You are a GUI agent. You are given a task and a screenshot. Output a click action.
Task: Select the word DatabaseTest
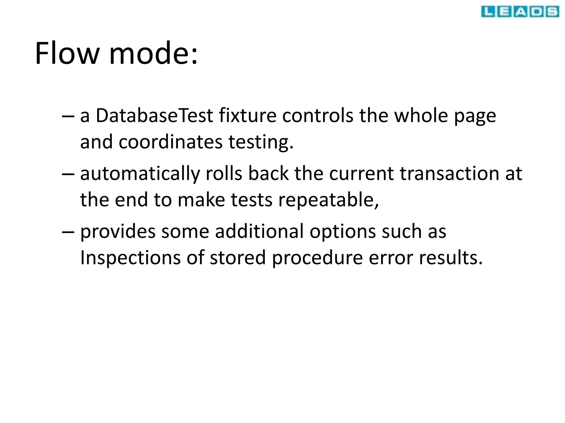154,115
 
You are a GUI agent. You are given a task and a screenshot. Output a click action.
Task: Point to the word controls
318,115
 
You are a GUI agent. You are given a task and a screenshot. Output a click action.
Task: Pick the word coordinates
170,142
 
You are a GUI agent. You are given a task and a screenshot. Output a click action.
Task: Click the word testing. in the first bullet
261,142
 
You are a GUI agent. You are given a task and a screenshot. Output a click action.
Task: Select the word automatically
140,174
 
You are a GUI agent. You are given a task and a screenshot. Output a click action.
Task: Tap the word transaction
449,174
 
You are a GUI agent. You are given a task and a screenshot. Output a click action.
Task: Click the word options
342,232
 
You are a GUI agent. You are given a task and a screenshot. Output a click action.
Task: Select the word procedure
317,258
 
